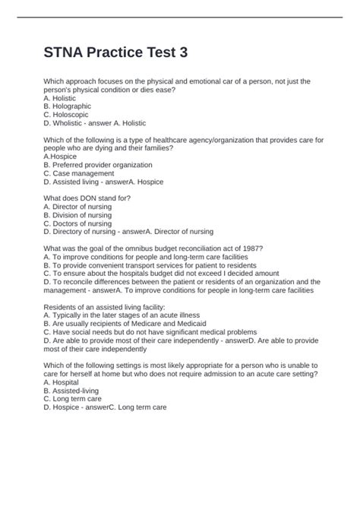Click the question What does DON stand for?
click(x=87, y=198)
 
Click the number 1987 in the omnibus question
click(x=263, y=248)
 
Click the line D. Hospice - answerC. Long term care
click(x=105, y=407)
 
